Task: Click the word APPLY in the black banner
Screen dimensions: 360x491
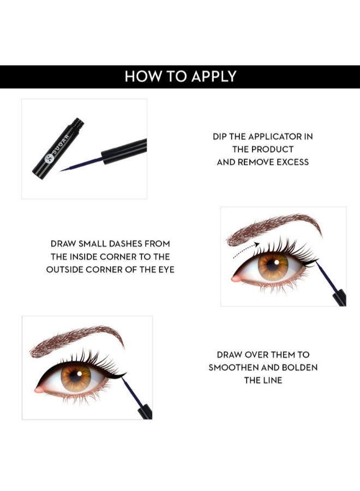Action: pyautogui.click(x=213, y=76)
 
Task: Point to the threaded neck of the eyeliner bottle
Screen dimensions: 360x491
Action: pyautogui.click(x=78, y=123)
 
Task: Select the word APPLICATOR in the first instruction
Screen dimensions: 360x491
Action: pyautogui.click(x=274, y=136)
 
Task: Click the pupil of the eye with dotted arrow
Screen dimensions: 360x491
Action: pyautogui.click(x=273, y=265)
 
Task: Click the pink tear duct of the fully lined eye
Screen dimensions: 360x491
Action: pyautogui.click(x=39, y=390)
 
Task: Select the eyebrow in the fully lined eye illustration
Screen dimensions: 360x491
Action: pyautogui.click(x=77, y=340)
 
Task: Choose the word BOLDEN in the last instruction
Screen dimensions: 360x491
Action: pyautogui.click(x=299, y=367)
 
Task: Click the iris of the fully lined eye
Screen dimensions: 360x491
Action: pyautogui.click(x=76, y=376)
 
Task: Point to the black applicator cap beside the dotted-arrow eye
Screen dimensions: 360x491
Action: pyautogui.click(x=339, y=297)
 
